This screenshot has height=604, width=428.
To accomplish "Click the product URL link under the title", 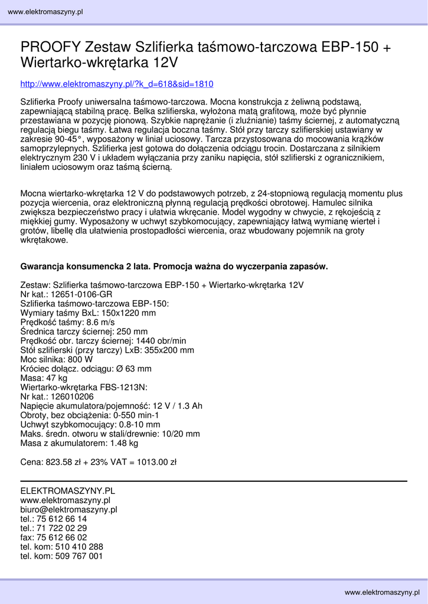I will coord(117,84).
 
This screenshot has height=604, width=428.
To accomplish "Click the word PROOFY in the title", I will coord(51,47).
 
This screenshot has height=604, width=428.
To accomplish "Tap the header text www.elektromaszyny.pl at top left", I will coord(45,12).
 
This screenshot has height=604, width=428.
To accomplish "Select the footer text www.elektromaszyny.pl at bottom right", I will coord(383,592).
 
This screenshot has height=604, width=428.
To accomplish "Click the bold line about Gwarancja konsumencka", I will coord(174,267).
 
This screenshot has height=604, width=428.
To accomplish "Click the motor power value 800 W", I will coord(80,359).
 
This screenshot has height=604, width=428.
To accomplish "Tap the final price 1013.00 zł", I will coord(157,462).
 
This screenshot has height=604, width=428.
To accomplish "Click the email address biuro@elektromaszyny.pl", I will coord(69,510).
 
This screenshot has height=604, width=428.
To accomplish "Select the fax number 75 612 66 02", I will coord(61,537).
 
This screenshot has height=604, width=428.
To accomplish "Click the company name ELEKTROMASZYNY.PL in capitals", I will coord(68,491).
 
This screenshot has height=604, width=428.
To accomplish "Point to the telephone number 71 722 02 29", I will coord(61,528).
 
